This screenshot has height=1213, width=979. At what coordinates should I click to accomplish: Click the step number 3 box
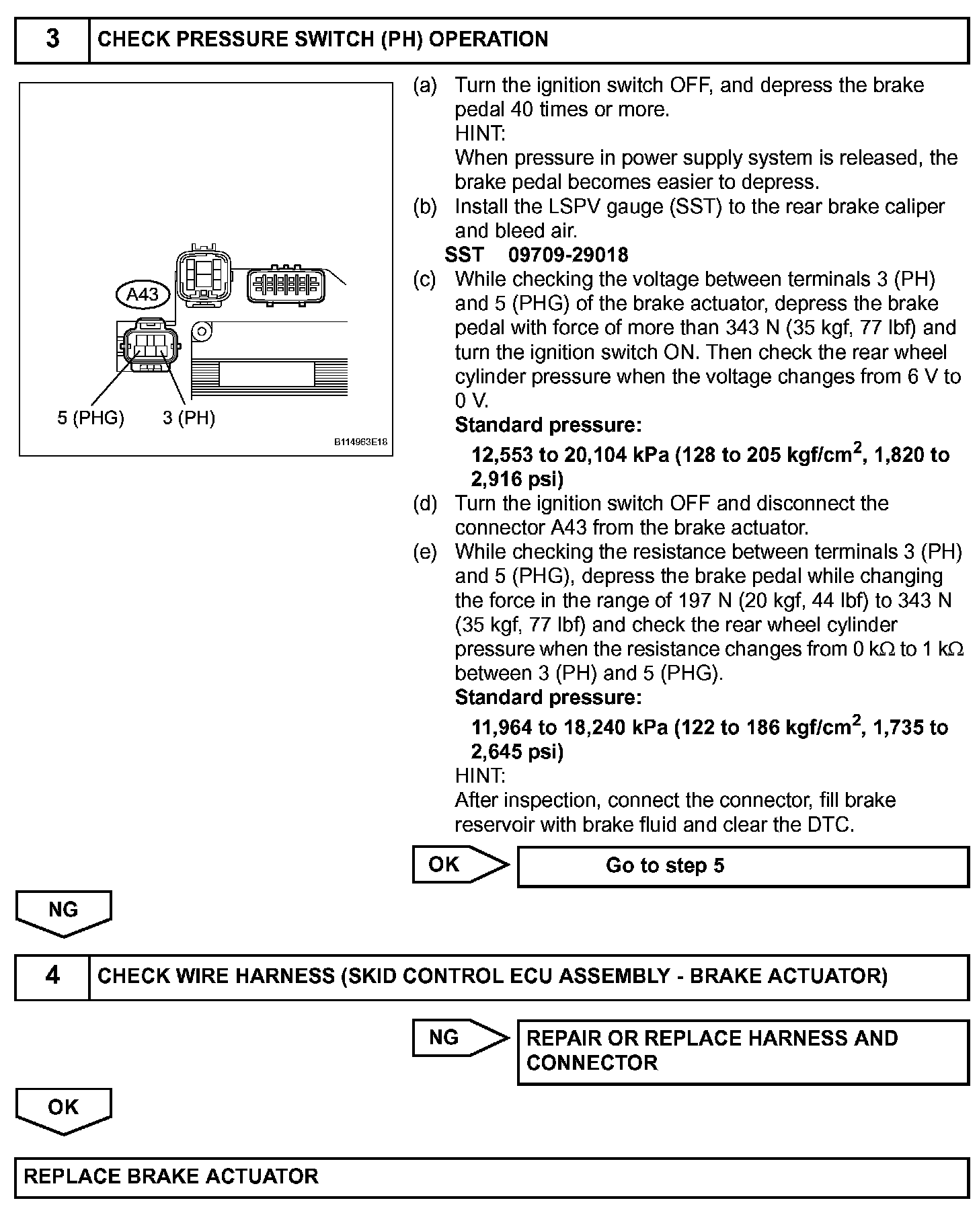coord(52,40)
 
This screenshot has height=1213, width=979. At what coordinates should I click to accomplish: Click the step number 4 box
coord(52,976)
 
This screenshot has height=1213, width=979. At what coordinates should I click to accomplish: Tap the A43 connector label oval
coord(143,294)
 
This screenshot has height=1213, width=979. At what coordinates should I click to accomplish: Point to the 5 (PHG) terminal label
coord(91,418)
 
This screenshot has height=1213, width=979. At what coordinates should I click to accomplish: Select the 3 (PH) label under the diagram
coord(189,418)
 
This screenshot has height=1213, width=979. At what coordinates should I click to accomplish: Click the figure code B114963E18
coord(361,442)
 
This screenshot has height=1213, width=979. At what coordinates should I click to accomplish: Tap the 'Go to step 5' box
coord(742,866)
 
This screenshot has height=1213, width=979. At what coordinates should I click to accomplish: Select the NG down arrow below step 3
coord(64,913)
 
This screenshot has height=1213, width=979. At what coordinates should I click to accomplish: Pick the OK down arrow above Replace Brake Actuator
coord(64,1110)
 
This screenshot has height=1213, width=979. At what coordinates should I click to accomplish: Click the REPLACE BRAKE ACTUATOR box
coord(491,1177)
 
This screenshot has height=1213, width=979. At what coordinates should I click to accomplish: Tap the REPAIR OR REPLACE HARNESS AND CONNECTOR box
coord(742,1051)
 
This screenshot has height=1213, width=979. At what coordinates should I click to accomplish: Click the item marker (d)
coord(425,504)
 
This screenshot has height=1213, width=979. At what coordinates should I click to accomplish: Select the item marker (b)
coord(425,206)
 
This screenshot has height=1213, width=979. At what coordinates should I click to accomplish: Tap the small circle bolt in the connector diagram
coord(199,331)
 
